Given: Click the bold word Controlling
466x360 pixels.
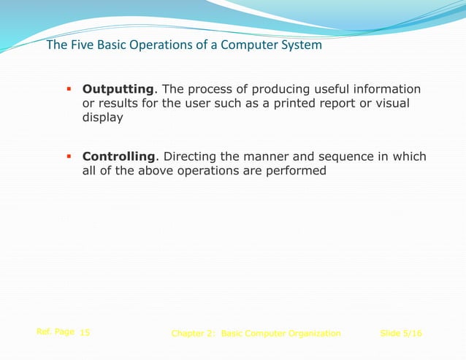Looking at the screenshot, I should (x=119, y=157).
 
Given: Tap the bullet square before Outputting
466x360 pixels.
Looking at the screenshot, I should (x=68, y=89).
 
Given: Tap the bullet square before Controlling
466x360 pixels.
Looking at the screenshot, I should (x=68, y=156).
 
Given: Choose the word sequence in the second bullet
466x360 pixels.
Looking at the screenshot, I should (x=343, y=157).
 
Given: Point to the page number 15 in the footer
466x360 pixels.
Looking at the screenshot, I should (x=85, y=333).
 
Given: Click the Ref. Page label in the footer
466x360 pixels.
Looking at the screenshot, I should (x=55, y=332).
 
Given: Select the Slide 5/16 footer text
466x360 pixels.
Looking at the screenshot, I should (x=401, y=334).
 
